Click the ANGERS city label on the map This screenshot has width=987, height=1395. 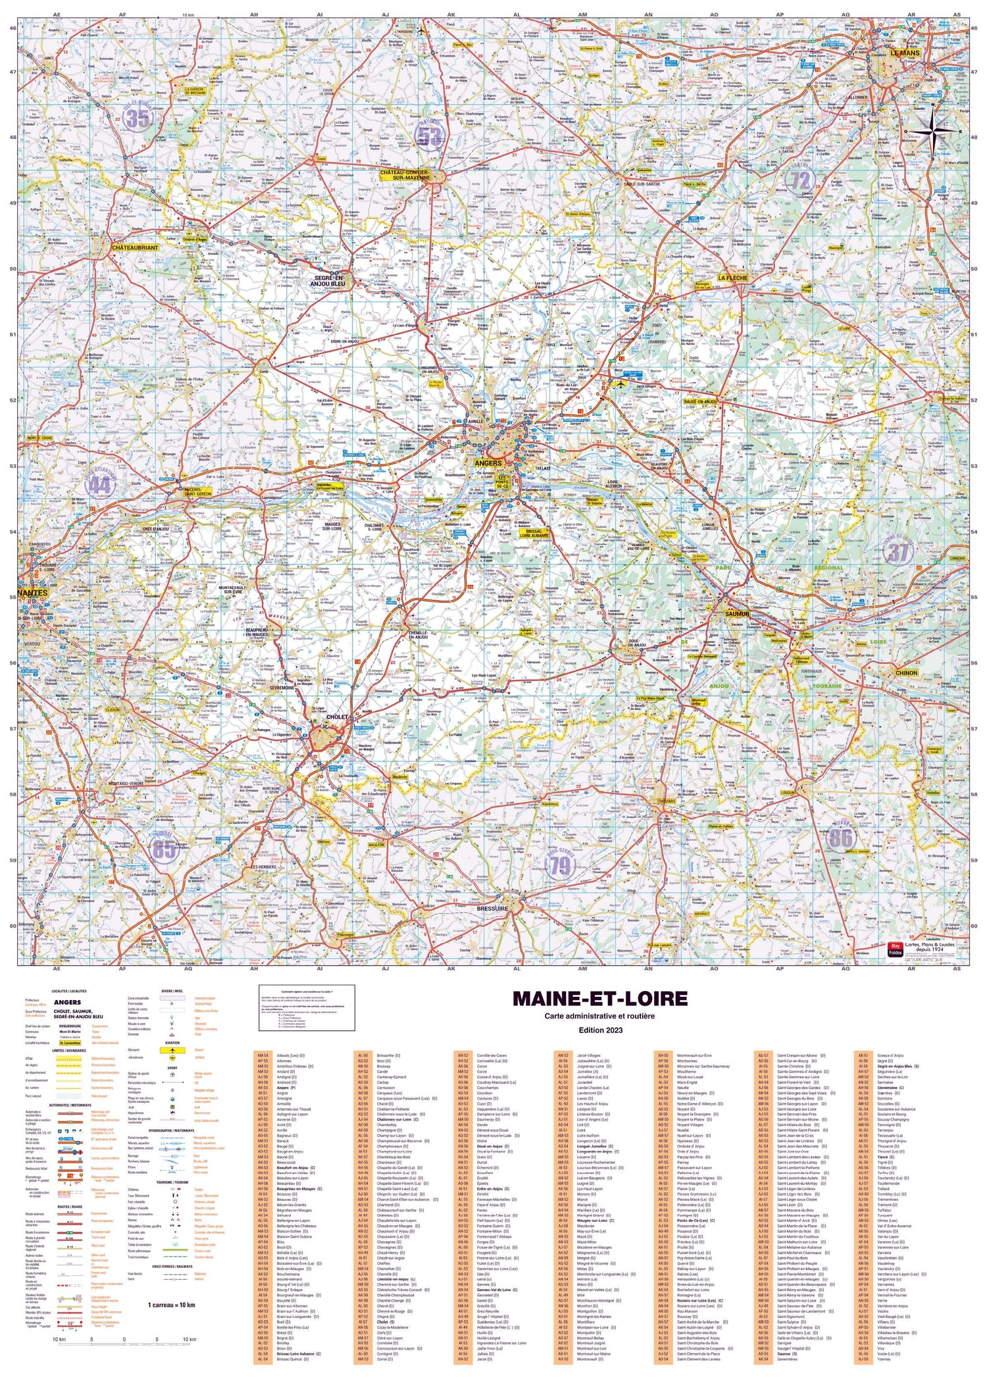pyautogui.click(x=488, y=463)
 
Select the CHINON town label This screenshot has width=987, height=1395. pyautogui.click(x=906, y=673)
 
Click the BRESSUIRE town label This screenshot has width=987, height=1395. pyautogui.click(x=492, y=908)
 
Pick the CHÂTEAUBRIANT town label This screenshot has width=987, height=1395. pyautogui.click(x=135, y=247)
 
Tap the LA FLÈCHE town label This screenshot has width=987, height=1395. pyautogui.click(x=732, y=278)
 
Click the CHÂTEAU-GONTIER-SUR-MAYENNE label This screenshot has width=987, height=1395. pyautogui.click(x=414, y=175)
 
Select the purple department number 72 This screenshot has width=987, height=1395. pyautogui.click(x=799, y=180)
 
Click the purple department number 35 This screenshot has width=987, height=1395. pyautogui.click(x=138, y=119)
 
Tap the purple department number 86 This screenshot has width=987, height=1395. pyautogui.click(x=840, y=838)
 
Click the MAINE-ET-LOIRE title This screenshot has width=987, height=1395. pyautogui.click(x=599, y=998)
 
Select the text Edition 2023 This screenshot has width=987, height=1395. pyautogui.click(x=599, y=1030)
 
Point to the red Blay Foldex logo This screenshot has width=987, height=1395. pyautogui.click(x=895, y=949)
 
